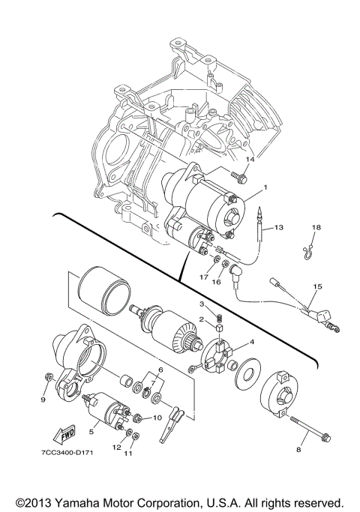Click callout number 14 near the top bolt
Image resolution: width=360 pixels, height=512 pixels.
(250, 159)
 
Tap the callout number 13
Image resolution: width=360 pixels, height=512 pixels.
(279, 226)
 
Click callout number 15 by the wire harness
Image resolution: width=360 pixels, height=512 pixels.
(317, 286)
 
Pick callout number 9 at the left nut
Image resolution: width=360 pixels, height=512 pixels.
(43, 400)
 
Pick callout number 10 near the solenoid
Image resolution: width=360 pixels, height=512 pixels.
(158, 418)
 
